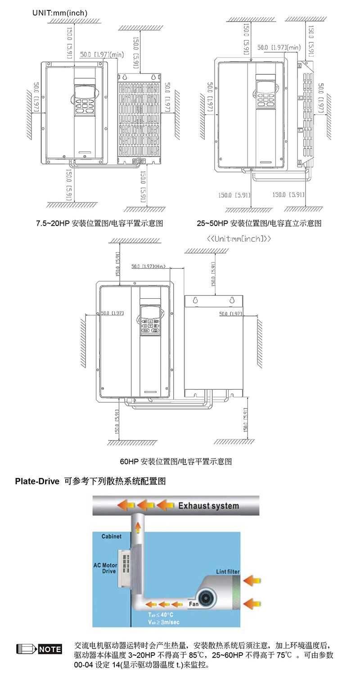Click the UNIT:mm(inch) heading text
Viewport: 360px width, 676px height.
tap(60, 13)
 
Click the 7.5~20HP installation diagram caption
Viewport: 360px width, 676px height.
tap(99, 223)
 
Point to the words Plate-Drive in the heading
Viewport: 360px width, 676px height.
tap(37, 481)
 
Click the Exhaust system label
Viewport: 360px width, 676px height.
tap(208, 505)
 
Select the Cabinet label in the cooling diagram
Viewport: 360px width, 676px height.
tap(111, 536)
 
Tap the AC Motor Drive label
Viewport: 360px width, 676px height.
tap(105, 568)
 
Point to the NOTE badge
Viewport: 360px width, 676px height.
tap(50, 649)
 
